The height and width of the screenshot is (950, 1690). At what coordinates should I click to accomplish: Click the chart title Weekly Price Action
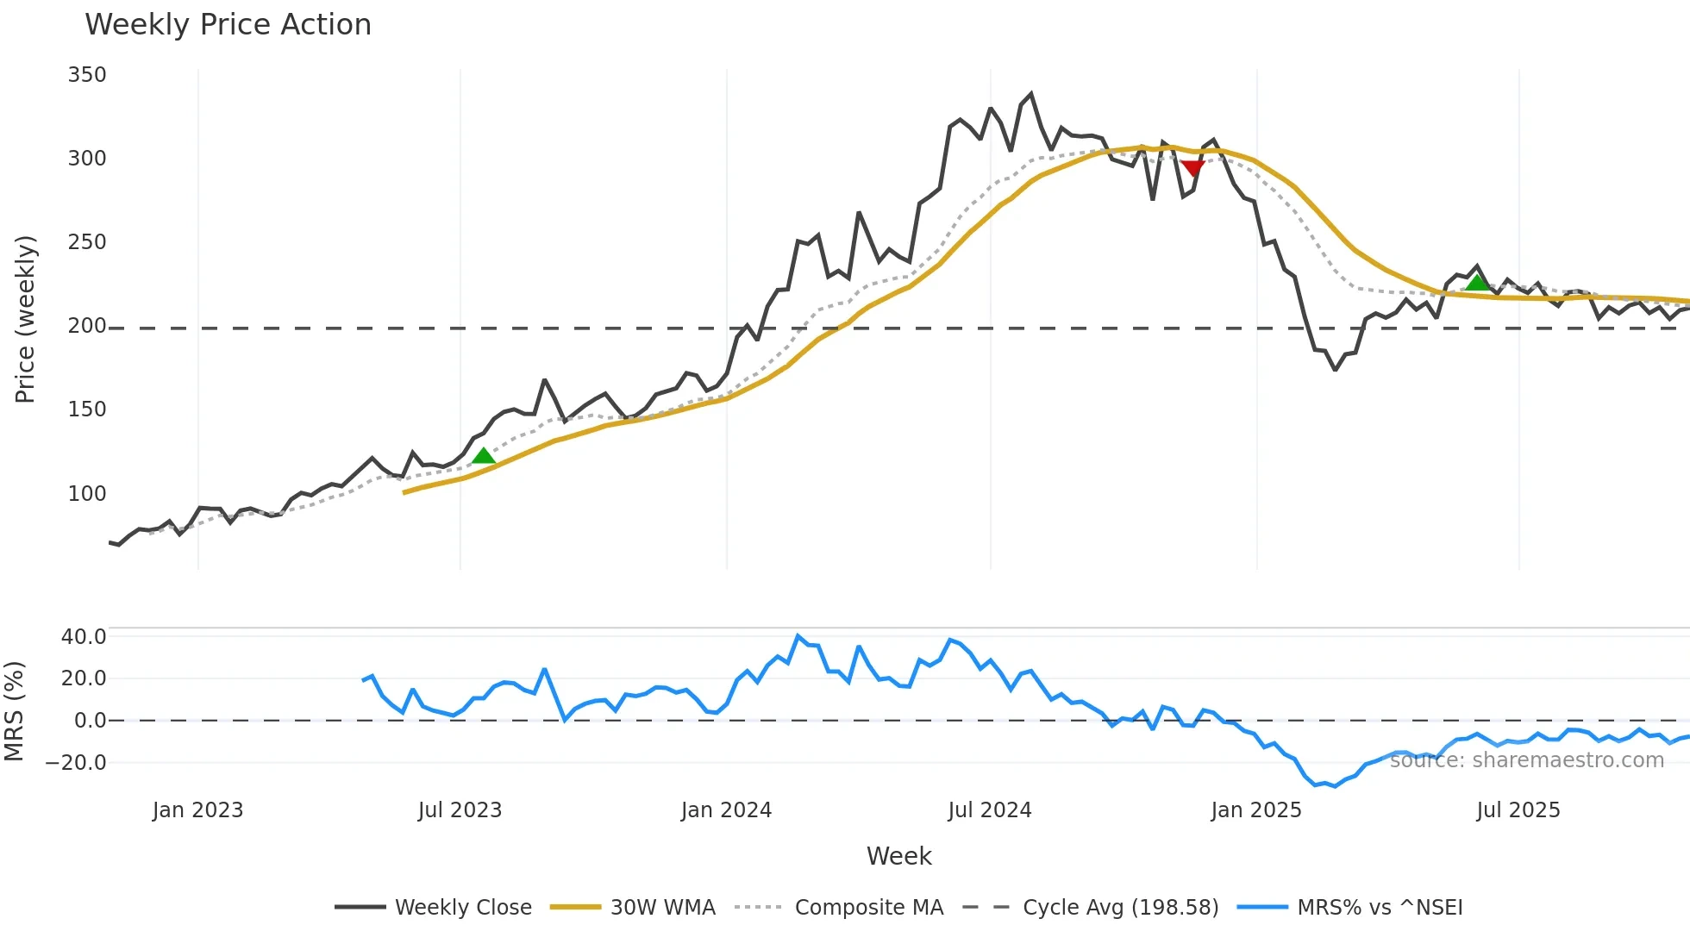coord(228,25)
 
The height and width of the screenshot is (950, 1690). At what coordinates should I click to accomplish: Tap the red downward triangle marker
coord(1192,167)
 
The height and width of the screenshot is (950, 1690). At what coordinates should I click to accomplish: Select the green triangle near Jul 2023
coord(484,456)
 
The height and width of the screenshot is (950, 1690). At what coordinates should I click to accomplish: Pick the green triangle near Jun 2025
coord(1477,283)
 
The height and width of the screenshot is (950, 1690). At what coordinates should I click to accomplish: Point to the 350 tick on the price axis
coord(87,75)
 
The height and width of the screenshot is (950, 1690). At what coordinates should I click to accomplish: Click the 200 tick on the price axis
coord(87,326)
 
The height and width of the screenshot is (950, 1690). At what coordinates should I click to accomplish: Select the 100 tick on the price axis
coord(87,494)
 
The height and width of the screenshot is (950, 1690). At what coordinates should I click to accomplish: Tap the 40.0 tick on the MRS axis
coord(84,637)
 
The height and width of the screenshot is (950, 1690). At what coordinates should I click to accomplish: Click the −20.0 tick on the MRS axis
coord(76,763)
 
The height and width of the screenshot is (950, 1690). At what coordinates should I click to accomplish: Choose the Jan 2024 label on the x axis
coord(726,810)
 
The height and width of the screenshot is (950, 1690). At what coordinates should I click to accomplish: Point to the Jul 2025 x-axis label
coord(1518,810)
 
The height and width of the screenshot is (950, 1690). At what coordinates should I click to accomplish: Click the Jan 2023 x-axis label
coord(197,810)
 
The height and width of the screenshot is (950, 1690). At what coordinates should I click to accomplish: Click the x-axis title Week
coord(898,856)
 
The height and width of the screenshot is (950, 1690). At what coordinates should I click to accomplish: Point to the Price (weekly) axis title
coord(25,319)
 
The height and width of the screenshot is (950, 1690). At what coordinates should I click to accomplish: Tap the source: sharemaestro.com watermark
coord(1526,760)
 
